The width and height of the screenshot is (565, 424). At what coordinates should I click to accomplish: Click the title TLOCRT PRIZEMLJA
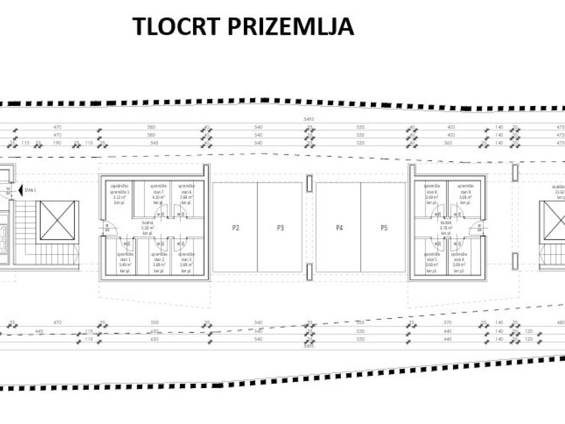tap(243, 26)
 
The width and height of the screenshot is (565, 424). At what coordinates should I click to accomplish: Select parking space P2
tap(236, 227)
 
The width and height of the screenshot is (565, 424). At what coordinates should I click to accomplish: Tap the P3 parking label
tap(280, 227)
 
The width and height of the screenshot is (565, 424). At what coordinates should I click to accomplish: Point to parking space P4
tap(339, 227)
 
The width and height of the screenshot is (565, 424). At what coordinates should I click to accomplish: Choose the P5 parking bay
tap(383, 227)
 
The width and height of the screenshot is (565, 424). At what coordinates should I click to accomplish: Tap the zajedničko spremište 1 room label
tap(120, 194)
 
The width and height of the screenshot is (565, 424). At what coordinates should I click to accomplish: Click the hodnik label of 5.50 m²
tap(147, 227)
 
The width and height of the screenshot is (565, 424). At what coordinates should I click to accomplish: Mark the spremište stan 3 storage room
tap(186, 259)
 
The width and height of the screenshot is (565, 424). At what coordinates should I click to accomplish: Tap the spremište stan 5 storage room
tap(431, 259)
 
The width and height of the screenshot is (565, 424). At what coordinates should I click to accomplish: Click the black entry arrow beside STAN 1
tap(19, 191)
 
